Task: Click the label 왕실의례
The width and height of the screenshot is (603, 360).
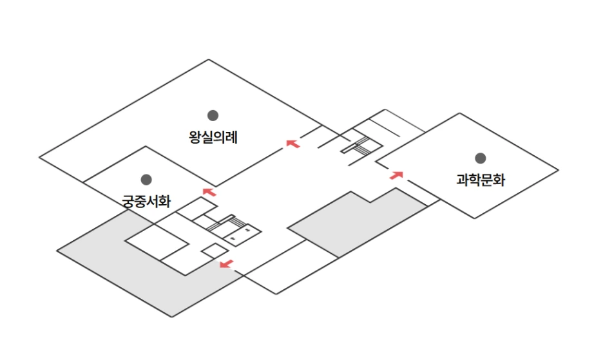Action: (x=213, y=137)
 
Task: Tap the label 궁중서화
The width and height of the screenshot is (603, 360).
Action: (x=146, y=201)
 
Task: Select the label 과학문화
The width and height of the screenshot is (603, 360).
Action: (x=480, y=180)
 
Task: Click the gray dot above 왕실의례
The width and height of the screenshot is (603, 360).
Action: (x=213, y=115)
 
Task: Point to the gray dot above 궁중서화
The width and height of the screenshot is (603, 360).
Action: (x=146, y=180)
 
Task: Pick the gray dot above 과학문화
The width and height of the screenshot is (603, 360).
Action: (x=480, y=158)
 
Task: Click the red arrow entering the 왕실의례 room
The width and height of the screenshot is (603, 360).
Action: (x=293, y=144)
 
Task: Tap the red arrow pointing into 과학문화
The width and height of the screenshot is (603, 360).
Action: (x=396, y=174)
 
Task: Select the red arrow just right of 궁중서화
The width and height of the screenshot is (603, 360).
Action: (x=210, y=191)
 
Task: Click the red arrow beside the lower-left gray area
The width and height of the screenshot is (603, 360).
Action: (x=225, y=263)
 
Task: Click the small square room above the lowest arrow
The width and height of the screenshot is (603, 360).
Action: (x=214, y=251)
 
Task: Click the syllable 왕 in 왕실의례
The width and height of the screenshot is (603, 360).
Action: (x=195, y=137)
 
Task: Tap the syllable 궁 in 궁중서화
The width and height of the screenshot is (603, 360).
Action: (x=128, y=201)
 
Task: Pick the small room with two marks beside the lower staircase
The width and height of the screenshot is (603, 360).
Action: (x=244, y=233)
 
